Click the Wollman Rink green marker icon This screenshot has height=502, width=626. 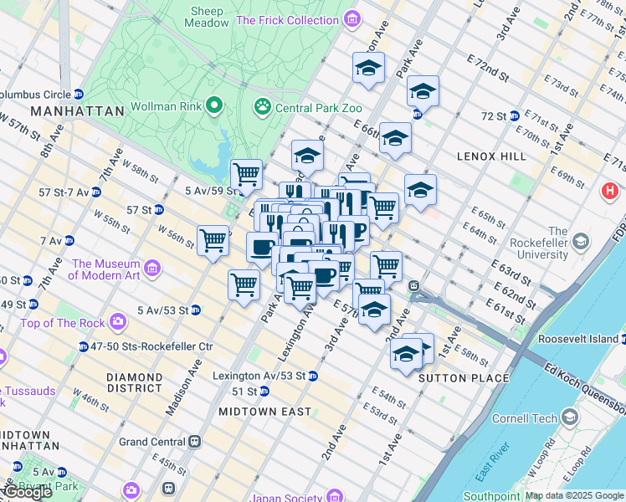214,106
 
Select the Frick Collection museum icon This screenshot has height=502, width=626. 351,19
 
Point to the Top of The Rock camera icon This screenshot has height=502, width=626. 118,320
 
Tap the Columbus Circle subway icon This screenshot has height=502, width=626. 79,94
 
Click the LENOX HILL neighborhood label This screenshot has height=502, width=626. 490,156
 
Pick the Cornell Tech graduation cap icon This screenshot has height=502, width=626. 570,417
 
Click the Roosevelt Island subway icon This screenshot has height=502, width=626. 623,339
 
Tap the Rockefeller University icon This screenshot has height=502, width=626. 579,243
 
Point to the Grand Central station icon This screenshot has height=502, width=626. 195,441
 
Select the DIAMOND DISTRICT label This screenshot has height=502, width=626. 135,382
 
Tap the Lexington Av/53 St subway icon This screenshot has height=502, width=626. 312,376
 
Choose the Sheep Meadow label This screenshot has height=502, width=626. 208,17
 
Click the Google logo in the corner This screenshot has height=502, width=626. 28,492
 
